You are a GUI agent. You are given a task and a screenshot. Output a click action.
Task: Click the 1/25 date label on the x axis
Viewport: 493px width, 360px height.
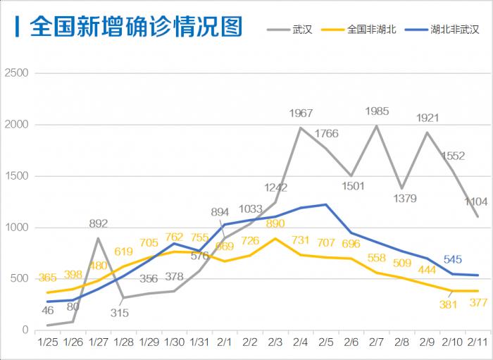(x=47, y=342)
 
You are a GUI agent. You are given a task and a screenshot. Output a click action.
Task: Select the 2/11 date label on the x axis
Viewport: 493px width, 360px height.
(x=480, y=342)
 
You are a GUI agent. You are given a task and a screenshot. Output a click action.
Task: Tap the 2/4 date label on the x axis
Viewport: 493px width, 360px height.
(x=301, y=342)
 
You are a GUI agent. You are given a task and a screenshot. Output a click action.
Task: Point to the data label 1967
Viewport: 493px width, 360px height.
(x=301, y=113)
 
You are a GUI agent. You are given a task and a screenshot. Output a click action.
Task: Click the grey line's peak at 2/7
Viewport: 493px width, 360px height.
(x=377, y=126)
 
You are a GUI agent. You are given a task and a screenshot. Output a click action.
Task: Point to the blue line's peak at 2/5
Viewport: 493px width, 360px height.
(x=326, y=204)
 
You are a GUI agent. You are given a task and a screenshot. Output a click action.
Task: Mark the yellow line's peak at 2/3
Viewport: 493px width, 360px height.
(x=275, y=238)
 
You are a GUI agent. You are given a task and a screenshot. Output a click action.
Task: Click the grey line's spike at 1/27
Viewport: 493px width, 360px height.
(x=97, y=238)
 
